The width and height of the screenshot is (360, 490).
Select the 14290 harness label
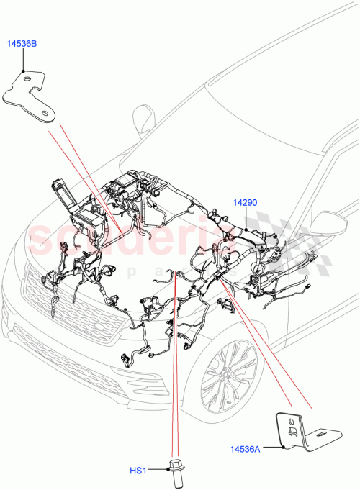point(244,204)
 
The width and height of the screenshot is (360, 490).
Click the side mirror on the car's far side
point(144,117)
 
